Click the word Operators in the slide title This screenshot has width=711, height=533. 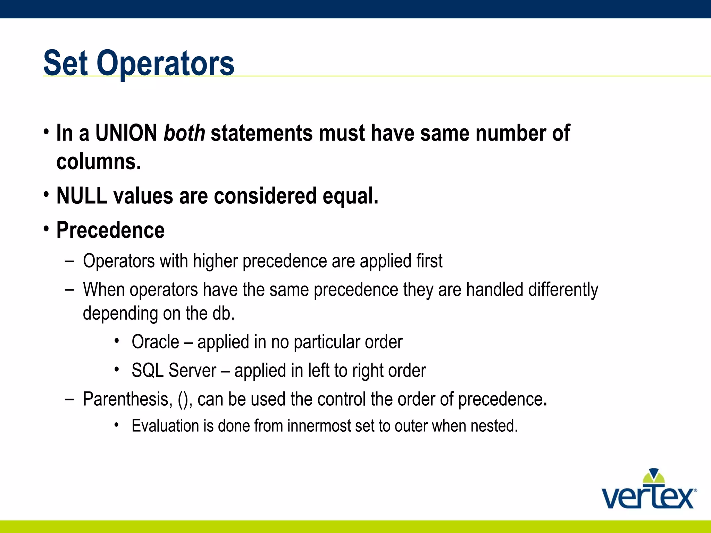(x=165, y=63)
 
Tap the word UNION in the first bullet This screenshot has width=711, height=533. (x=126, y=133)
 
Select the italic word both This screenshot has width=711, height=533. (x=184, y=133)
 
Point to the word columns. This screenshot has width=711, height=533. (x=99, y=162)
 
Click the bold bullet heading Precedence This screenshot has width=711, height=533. (x=110, y=230)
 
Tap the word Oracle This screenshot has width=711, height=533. (x=155, y=342)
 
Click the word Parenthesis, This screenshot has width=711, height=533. (x=127, y=399)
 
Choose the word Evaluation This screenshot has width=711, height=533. (x=165, y=426)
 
